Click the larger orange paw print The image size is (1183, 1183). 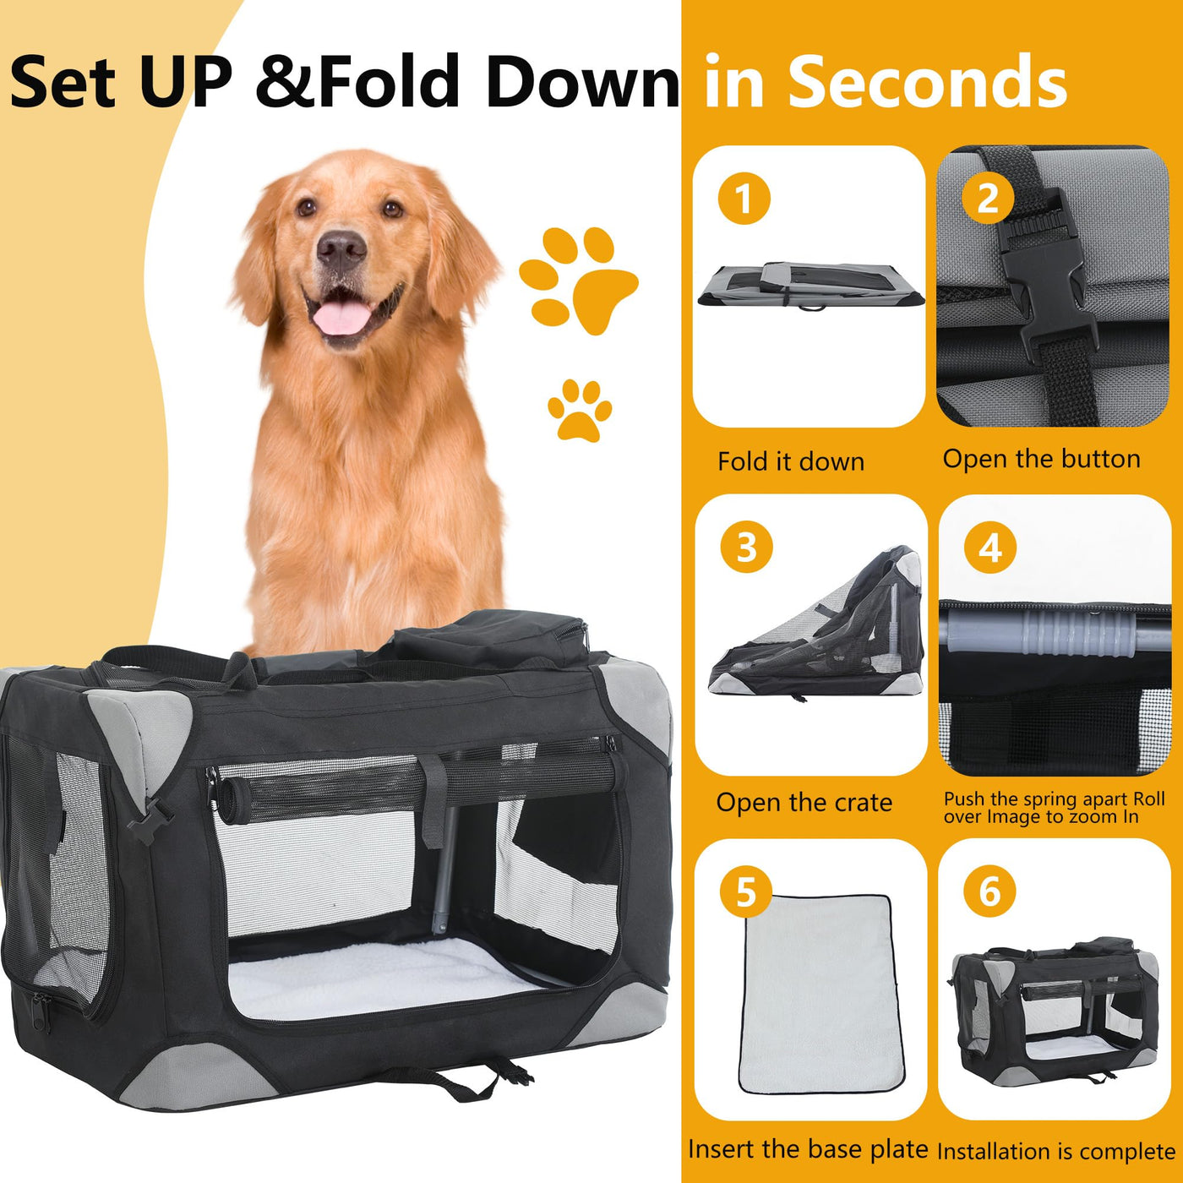tap(578, 280)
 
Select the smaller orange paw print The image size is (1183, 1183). tap(580, 411)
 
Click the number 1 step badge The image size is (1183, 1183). tap(744, 199)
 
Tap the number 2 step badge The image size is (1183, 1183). tap(988, 198)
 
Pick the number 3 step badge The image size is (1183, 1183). tap(746, 547)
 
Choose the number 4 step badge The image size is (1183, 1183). tap(989, 547)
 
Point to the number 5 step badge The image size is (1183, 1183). tap(746, 891)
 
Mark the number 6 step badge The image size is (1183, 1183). tap(989, 891)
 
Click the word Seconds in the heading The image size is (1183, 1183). tap(927, 81)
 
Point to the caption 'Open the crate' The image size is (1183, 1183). tap(804, 803)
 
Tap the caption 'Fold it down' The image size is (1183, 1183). tap(791, 461)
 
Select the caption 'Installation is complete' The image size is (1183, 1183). tap(1056, 1152)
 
